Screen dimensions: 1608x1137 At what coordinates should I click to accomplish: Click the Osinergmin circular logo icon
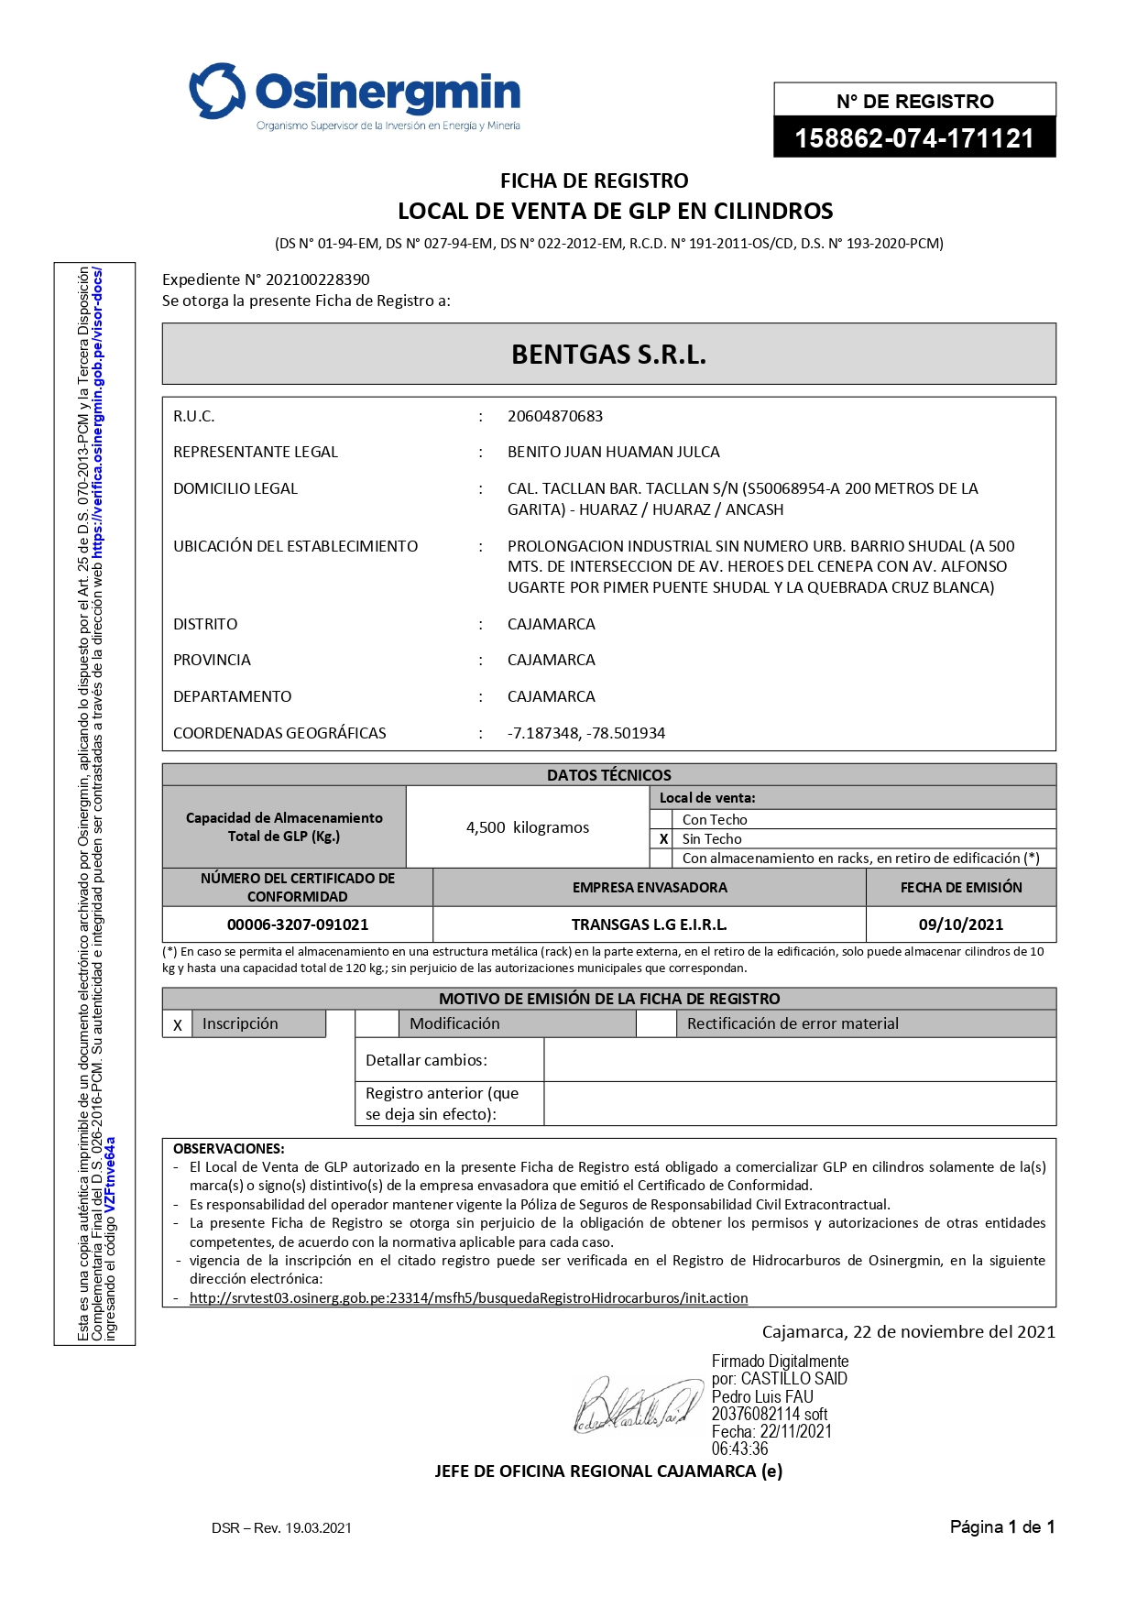[x=217, y=91]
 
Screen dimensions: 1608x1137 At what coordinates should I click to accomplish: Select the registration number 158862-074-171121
[x=913, y=138]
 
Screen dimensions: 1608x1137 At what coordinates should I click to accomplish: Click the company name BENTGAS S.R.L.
[x=608, y=355]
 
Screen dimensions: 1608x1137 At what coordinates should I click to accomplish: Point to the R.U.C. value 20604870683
[x=555, y=416]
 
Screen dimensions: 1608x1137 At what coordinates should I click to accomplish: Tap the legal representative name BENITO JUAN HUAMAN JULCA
[x=613, y=452]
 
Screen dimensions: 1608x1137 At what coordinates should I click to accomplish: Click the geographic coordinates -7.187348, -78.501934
[x=586, y=733]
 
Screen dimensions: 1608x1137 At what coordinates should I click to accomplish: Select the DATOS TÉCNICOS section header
[x=608, y=775]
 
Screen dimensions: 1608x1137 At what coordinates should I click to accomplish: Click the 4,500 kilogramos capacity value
[x=527, y=827]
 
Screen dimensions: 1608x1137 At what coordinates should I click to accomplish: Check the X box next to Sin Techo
[x=663, y=839]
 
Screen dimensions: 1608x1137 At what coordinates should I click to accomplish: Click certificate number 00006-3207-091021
[x=298, y=924]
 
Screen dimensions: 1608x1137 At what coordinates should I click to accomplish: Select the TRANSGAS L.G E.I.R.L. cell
[x=649, y=924]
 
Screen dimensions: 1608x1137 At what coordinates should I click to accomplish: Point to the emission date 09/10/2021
[x=960, y=924]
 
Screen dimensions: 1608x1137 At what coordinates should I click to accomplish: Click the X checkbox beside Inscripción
[x=178, y=1025]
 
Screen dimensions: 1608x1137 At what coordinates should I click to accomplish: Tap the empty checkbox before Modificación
[x=377, y=1024]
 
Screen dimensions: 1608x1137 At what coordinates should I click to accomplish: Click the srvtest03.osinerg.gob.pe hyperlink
[x=468, y=1298]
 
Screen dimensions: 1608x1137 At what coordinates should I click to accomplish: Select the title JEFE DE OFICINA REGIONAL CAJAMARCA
[x=607, y=1471]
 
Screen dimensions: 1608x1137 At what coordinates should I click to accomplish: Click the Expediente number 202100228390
[x=317, y=279]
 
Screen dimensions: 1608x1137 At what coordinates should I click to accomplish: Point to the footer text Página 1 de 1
[x=1001, y=1526]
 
